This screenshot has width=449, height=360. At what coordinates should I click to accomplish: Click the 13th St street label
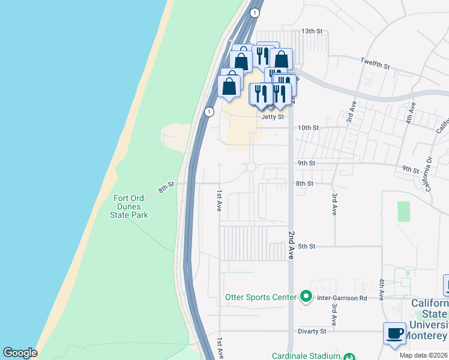312,31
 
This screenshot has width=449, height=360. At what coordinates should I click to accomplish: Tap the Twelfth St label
375,62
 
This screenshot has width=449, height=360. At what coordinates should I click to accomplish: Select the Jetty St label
272,117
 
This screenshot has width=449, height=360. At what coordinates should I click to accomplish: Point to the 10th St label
309,128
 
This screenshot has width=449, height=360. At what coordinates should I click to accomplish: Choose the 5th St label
307,246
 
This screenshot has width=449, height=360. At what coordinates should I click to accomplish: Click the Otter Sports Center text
261,297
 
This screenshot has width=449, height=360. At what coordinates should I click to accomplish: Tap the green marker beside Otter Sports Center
306,296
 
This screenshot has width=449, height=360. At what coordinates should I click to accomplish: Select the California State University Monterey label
430,319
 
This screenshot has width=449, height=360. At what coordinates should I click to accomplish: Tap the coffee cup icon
395,334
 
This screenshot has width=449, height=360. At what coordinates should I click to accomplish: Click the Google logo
20,353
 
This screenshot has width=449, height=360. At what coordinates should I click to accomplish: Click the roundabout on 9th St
251,167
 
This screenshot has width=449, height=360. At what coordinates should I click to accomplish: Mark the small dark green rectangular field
403,211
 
